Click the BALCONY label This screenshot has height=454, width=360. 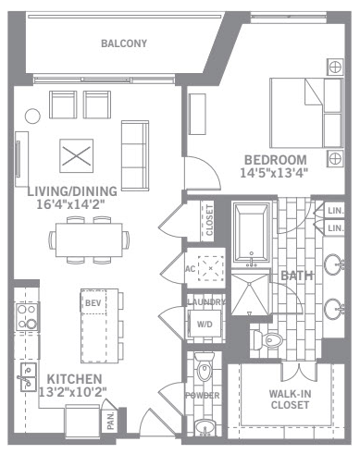pyautogui.click(x=124, y=43)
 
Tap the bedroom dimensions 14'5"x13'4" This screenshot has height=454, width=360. pyautogui.click(x=274, y=173)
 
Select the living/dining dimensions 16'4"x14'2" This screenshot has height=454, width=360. pyautogui.click(x=70, y=204)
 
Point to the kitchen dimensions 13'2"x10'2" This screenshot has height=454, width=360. pyautogui.click(x=73, y=392)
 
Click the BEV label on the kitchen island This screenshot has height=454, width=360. pyautogui.click(x=93, y=303)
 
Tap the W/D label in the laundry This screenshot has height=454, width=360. pyautogui.click(x=205, y=325)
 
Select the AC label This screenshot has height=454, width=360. pyautogui.click(x=190, y=269)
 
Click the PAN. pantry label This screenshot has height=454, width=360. pyautogui.click(x=110, y=421)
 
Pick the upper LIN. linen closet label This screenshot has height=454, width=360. pyautogui.click(x=336, y=211)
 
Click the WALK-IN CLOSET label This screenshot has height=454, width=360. pyautogui.click(x=290, y=399)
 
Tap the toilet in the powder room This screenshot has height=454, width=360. pyautogui.click(x=204, y=367)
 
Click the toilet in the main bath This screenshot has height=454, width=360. pyautogui.click(x=268, y=340)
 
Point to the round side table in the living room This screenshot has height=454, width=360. pyautogui.click(x=32, y=117)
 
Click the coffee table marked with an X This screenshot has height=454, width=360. pyautogui.click(x=77, y=155)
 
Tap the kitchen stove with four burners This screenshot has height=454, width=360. pyautogui.click(x=28, y=317)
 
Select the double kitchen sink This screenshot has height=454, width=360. pyautogui.click(x=29, y=377)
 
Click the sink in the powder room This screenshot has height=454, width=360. pyautogui.click(x=205, y=427)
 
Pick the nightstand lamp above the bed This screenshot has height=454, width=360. pyautogui.click(x=335, y=67)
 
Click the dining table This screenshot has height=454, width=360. pyautogui.click(x=89, y=240)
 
